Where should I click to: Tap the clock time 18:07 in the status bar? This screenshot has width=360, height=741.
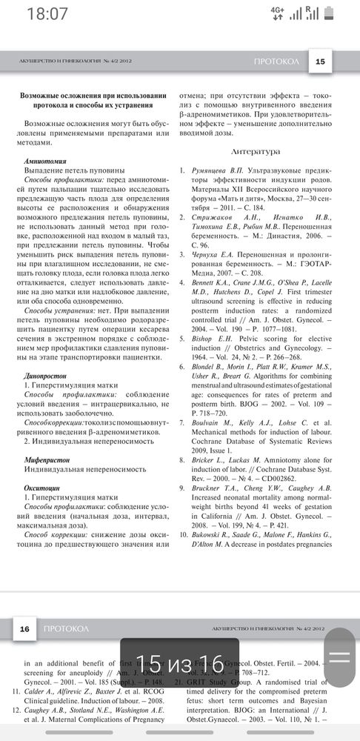tap(47, 14)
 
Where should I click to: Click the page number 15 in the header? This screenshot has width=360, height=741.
tap(319, 62)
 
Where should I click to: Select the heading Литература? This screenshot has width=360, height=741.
tap(256, 151)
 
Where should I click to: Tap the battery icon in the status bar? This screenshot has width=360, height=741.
tap(340, 13)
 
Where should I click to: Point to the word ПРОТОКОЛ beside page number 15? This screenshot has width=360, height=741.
tap(276, 62)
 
